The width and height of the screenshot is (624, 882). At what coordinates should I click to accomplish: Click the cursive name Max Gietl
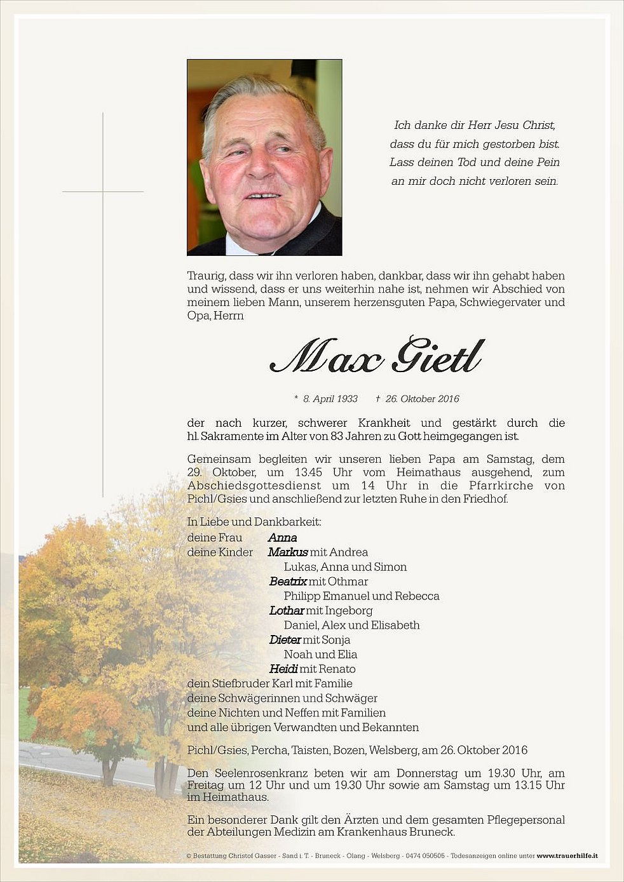pyautogui.click(x=376, y=357)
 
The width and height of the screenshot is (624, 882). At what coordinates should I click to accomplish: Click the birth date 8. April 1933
pyautogui.click(x=330, y=399)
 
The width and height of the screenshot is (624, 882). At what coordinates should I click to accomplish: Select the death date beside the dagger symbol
pyautogui.click(x=422, y=399)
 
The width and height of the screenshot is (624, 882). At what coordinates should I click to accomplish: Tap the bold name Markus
pyautogui.click(x=288, y=552)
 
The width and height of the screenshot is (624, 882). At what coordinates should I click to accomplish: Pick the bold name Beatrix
pyautogui.click(x=288, y=582)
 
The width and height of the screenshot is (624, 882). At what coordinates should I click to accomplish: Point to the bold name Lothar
pyautogui.click(x=287, y=611)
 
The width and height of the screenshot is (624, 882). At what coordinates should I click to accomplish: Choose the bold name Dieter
pyautogui.click(x=285, y=640)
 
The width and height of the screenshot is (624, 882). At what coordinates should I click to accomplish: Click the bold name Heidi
pyautogui.click(x=283, y=669)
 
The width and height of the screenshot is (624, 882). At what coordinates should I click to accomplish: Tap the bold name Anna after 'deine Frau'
pyautogui.click(x=283, y=538)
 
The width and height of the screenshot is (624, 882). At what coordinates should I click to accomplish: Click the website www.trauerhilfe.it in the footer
pyautogui.click(x=567, y=856)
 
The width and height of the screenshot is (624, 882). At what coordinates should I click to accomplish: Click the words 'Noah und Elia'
pyautogui.click(x=320, y=655)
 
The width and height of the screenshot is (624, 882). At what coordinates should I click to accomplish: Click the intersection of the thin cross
pyautogui.click(x=103, y=191)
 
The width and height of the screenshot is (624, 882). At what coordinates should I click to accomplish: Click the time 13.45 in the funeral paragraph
pyautogui.click(x=308, y=472)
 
